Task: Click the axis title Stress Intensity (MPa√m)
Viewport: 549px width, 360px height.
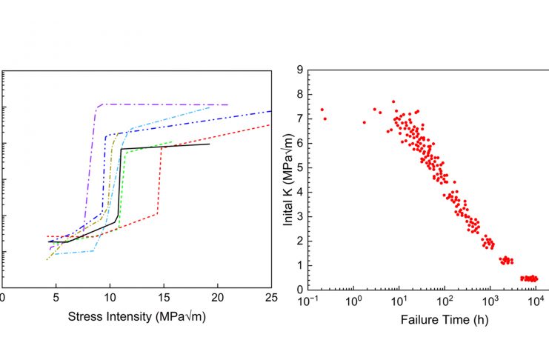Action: [136, 318]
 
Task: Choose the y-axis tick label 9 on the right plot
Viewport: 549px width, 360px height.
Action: [299, 70]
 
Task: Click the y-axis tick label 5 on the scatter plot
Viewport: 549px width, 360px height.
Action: [299, 167]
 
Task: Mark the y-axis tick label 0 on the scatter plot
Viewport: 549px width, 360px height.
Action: [299, 290]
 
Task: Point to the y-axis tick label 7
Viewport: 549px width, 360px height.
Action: [299, 119]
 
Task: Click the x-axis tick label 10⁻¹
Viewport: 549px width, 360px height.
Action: [307, 301]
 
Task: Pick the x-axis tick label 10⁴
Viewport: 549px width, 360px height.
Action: [536, 301]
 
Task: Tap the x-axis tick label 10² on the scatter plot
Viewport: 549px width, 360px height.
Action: [445, 301]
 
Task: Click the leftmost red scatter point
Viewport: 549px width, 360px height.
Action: [322, 110]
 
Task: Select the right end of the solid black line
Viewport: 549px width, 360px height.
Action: [209, 144]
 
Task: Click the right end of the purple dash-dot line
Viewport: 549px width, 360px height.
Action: [227, 104]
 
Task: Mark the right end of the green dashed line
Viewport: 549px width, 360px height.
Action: [172, 142]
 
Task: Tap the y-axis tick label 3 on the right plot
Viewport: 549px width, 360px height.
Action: [299, 216]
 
